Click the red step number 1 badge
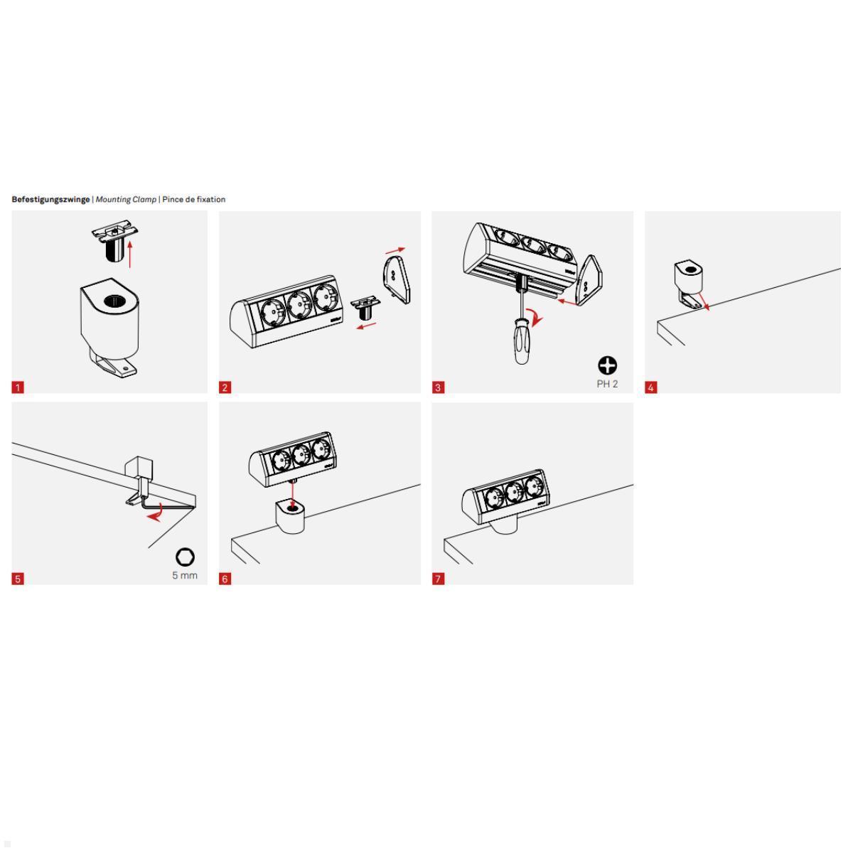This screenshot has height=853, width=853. click(x=18, y=387)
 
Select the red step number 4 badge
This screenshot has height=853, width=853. click(x=651, y=387)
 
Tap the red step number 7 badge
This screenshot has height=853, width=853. click(x=438, y=579)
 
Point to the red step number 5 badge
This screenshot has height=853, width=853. click(x=18, y=579)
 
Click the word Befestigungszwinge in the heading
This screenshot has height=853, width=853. click(x=50, y=199)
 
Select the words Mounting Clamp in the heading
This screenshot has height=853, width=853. click(x=126, y=199)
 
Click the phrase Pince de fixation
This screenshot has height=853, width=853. click(x=193, y=199)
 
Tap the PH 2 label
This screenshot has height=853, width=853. click(x=607, y=384)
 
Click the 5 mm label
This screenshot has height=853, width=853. click(x=185, y=575)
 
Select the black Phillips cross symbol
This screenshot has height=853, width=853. click(x=607, y=365)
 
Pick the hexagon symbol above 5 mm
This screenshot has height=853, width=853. click(x=185, y=557)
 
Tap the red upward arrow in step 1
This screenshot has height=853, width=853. click(x=130, y=254)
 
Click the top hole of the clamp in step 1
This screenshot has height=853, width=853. click(x=113, y=301)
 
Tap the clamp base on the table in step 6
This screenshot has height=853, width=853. click(x=289, y=517)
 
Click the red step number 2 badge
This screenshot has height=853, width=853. click(x=225, y=387)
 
